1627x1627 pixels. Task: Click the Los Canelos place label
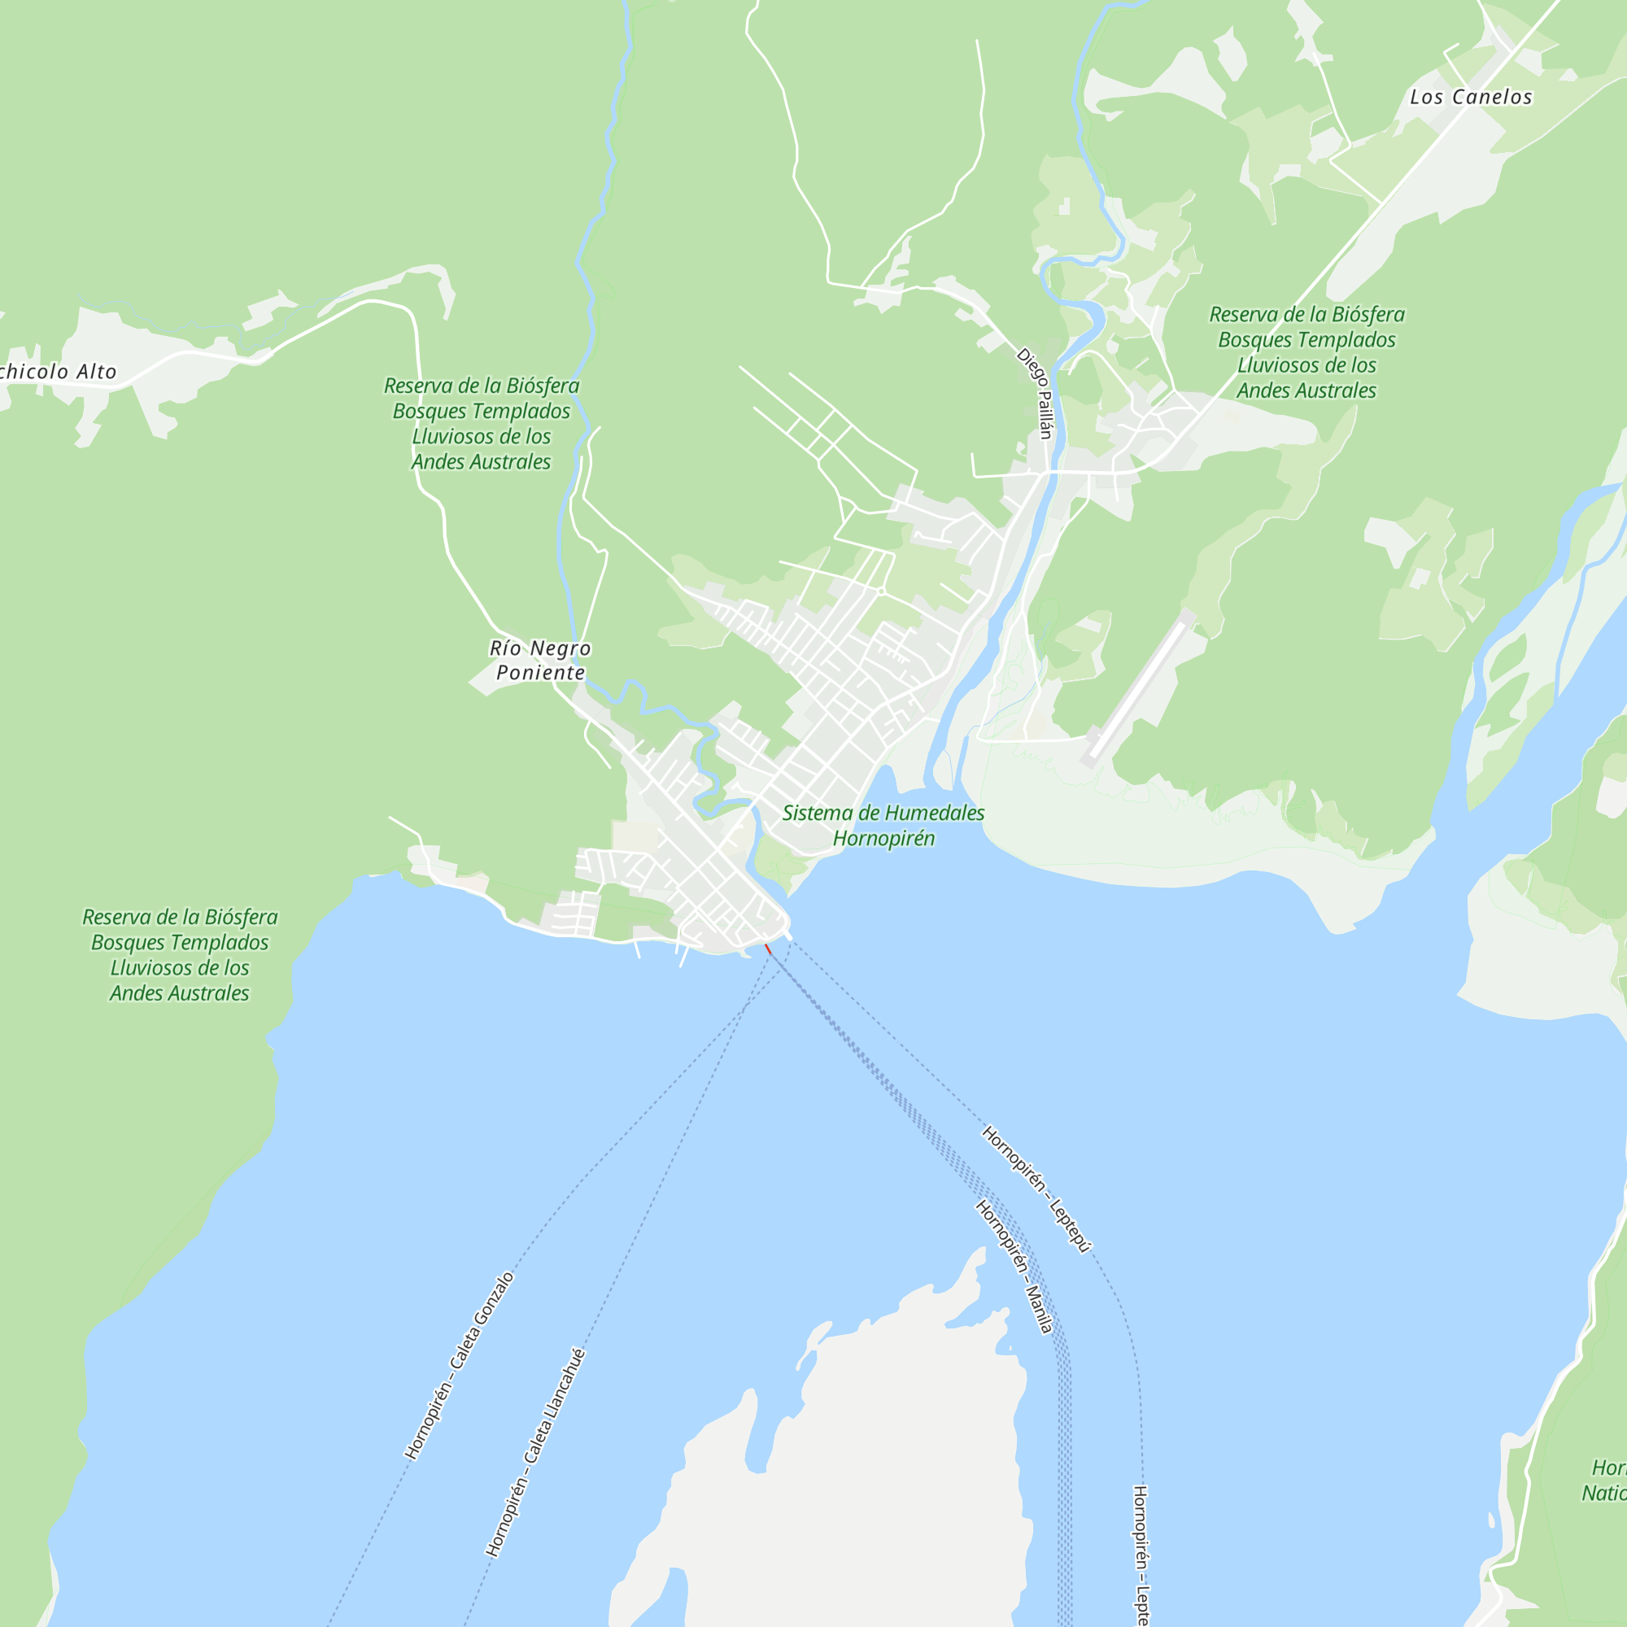[1470, 98]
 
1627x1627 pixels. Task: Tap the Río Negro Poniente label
[540, 661]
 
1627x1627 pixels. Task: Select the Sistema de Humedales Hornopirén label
[883, 825]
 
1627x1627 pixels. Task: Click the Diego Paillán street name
[1035, 393]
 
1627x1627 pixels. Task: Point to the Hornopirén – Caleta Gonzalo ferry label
[459, 1365]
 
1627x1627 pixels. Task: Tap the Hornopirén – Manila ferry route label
[1013, 1267]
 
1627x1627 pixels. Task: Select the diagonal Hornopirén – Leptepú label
[1036, 1189]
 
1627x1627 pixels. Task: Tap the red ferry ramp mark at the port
[767, 949]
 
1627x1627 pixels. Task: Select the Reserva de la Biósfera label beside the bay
[179, 954]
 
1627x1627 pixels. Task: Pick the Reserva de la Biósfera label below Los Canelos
[1306, 352]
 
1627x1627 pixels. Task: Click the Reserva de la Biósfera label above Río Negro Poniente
[481, 424]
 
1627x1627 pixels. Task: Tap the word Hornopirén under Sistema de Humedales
[883, 838]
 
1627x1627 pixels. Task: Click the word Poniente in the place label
[540, 672]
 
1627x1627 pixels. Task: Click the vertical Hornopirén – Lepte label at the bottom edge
[1141, 1554]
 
